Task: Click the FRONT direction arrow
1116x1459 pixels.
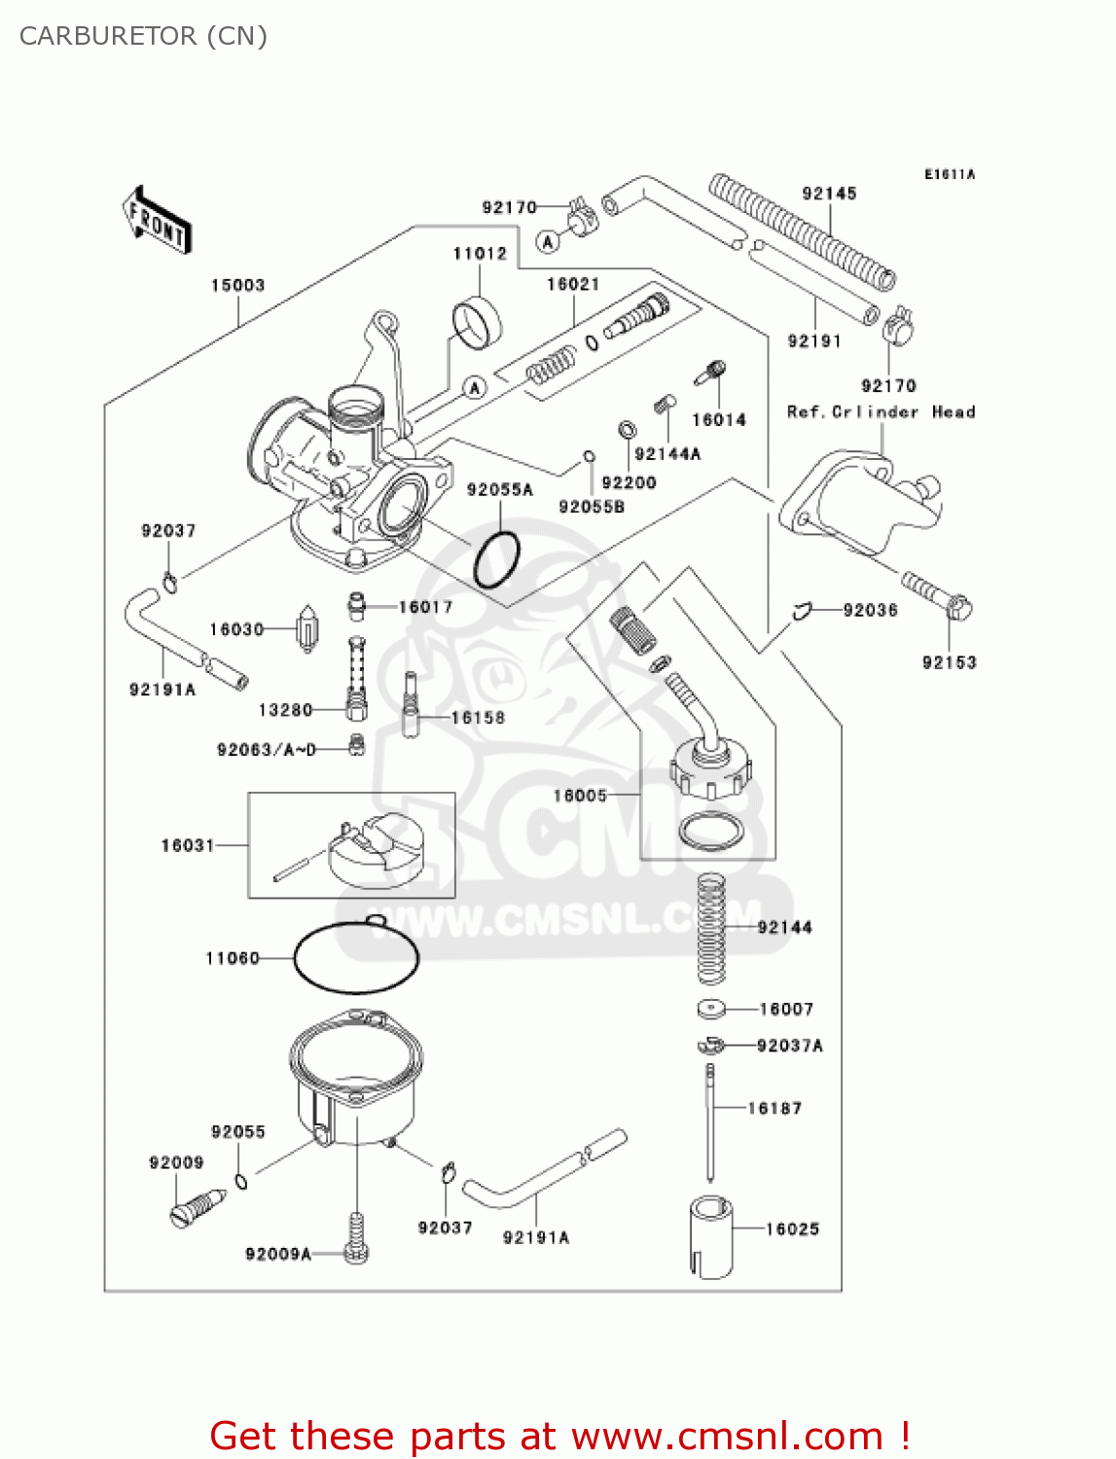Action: pyautogui.click(x=156, y=220)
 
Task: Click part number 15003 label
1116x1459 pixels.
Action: pyautogui.click(x=237, y=285)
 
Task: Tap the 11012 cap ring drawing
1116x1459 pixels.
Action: pyautogui.click(x=476, y=322)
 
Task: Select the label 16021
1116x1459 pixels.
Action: pyautogui.click(x=573, y=284)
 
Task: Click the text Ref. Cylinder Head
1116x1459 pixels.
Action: pyautogui.click(x=881, y=411)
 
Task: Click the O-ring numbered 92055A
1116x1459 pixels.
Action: pyautogui.click(x=497, y=559)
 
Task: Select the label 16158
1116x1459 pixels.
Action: pyautogui.click(x=478, y=718)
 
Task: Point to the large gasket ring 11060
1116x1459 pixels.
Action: pyautogui.click(x=356, y=957)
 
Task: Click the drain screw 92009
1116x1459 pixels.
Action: pyautogui.click(x=197, y=1209)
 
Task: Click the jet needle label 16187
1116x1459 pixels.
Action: pyautogui.click(x=774, y=1108)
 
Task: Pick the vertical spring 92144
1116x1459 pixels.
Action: pyautogui.click(x=711, y=929)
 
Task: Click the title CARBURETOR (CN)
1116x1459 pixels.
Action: pyautogui.click(x=143, y=36)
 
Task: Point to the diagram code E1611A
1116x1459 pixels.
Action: pyautogui.click(x=949, y=175)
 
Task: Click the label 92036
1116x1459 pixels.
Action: pyautogui.click(x=870, y=610)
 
